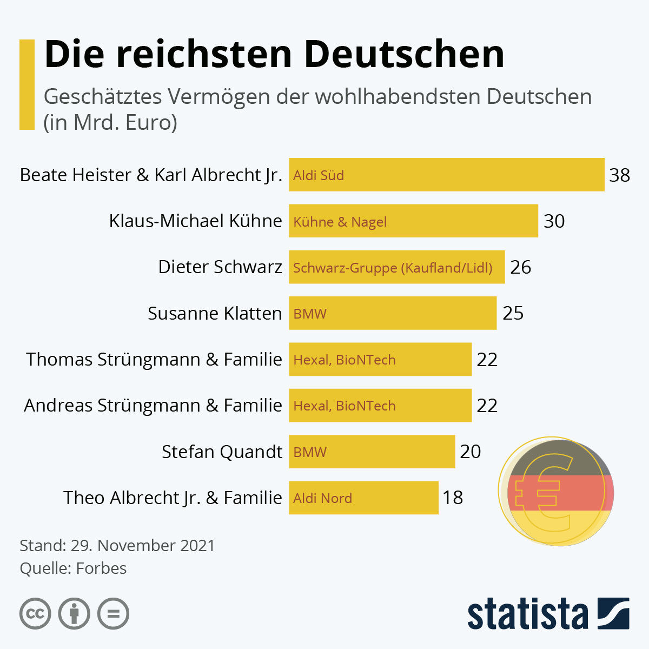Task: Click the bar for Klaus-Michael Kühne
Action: [413, 221]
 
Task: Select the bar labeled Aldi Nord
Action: [363, 498]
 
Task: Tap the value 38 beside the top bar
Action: [619, 175]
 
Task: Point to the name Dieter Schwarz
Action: [220, 267]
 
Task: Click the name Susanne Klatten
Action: [215, 313]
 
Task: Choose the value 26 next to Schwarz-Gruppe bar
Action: [520, 267]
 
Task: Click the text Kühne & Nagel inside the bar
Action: [340, 222]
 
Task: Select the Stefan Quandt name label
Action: [222, 452]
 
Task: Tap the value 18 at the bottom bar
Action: [453, 498]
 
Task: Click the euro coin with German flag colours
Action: [556, 491]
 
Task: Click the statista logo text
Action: [527, 614]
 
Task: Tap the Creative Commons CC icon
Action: [35, 614]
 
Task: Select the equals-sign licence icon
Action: [113, 614]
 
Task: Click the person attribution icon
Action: [74, 614]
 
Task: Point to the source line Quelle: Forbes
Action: [73, 568]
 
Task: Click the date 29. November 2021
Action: [143, 545]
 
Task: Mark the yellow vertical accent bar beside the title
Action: [27, 84]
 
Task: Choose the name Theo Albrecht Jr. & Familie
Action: [173, 498]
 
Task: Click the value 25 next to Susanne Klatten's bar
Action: [513, 313]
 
